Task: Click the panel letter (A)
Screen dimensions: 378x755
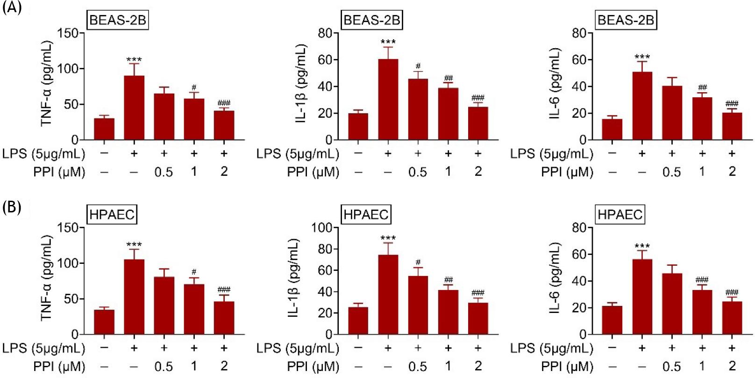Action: click(x=12, y=8)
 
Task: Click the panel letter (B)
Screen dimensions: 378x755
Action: click(x=12, y=207)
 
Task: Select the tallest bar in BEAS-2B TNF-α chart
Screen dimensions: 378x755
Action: click(x=134, y=108)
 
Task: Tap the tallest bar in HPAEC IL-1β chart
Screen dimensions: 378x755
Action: click(x=388, y=295)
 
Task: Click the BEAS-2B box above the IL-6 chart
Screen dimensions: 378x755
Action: click(x=626, y=21)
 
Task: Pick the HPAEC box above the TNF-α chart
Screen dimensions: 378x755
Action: click(x=112, y=215)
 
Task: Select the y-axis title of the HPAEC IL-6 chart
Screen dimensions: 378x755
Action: click(x=555, y=278)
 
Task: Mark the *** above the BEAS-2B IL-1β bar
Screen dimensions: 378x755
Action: click(x=388, y=43)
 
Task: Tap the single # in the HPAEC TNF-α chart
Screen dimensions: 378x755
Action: click(x=194, y=272)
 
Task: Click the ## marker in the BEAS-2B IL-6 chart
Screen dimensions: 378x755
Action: click(x=702, y=87)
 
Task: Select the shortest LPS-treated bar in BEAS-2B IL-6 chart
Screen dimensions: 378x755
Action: click(x=732, y=126)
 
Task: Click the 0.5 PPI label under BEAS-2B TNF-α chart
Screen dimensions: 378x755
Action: click(x=164, y=172)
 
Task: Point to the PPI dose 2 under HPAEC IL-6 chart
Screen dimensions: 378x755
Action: click(x=732, y=366)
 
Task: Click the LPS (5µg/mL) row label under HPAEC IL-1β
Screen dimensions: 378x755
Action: click(x=298, y=349)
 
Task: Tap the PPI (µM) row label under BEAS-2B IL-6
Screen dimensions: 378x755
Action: click(x=567, y=172)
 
